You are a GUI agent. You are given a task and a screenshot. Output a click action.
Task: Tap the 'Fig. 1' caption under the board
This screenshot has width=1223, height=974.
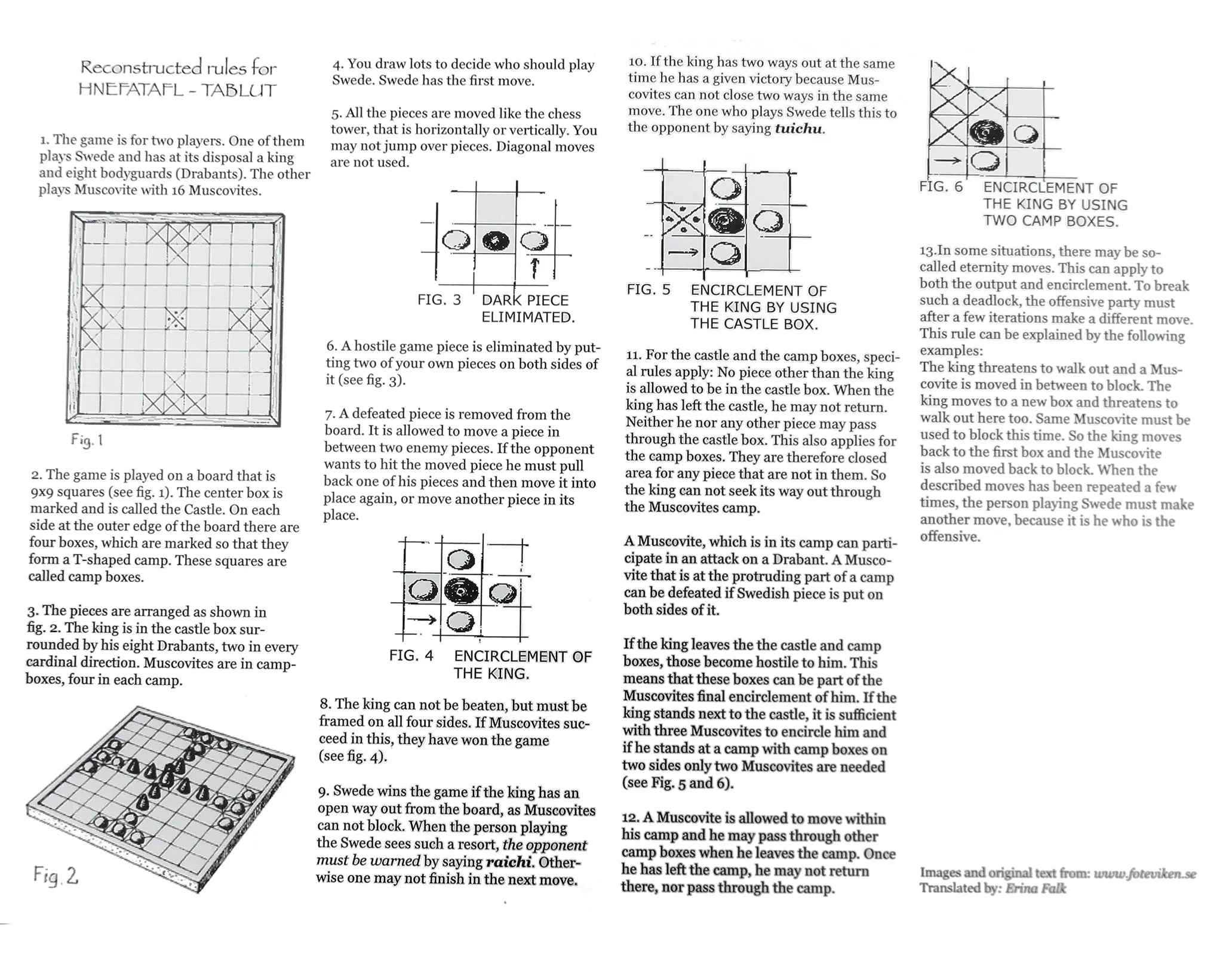point(87,440)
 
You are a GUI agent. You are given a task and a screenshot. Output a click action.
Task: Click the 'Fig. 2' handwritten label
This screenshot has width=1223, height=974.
point(56,876)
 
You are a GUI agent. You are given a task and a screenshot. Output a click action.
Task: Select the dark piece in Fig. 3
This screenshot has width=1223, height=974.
point(496,242)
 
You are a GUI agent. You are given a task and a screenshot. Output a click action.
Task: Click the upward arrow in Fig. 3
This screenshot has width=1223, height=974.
point(535,268)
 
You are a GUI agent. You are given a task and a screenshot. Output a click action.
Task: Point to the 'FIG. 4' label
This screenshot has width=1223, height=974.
point(411,655)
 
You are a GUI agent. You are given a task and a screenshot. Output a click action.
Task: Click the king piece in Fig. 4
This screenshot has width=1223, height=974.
point(460,591)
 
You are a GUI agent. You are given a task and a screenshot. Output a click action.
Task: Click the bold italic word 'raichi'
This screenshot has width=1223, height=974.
point(509,862)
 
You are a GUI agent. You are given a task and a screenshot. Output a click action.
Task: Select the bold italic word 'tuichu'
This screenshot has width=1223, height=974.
point(799,128)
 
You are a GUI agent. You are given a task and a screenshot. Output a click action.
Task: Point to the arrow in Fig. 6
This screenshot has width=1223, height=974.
point(948,160)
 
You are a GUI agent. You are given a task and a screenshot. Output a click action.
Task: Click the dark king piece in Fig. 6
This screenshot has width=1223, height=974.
point(986,132)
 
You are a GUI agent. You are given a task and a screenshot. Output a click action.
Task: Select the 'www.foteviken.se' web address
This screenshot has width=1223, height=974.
point(1145,874)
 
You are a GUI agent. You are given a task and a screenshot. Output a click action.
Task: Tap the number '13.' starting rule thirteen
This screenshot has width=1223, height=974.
point(927,251)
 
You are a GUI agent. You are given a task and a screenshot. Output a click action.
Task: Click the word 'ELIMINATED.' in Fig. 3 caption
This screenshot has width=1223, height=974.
point(528,317)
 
